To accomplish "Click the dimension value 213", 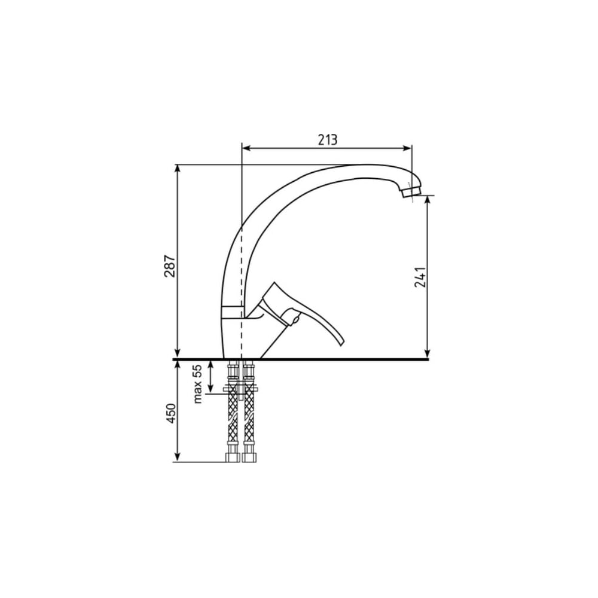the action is tap(328, 140).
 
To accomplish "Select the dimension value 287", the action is tap(170, 266).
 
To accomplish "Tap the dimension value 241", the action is tap(420, 277).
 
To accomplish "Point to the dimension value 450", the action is tap(171, 413).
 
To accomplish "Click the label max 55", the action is tap(197, 384).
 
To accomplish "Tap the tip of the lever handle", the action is tap(341, 344).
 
